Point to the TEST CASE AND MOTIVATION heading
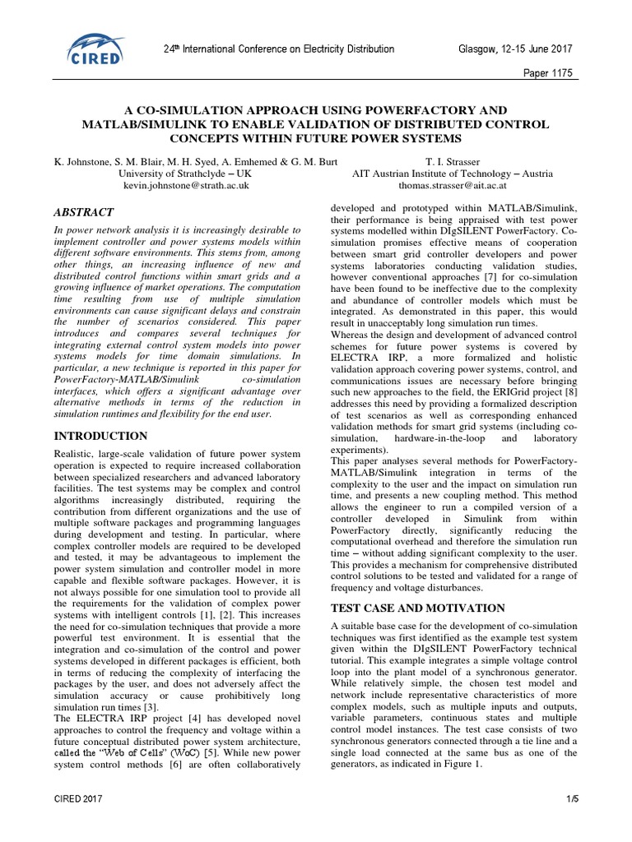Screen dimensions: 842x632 click(417, 608)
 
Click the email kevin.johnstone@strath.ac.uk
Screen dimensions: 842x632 click(186, 187)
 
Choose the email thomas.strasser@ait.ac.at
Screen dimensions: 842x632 click(453, 187)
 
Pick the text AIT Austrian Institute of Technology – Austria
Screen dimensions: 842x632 click(453, 174)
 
